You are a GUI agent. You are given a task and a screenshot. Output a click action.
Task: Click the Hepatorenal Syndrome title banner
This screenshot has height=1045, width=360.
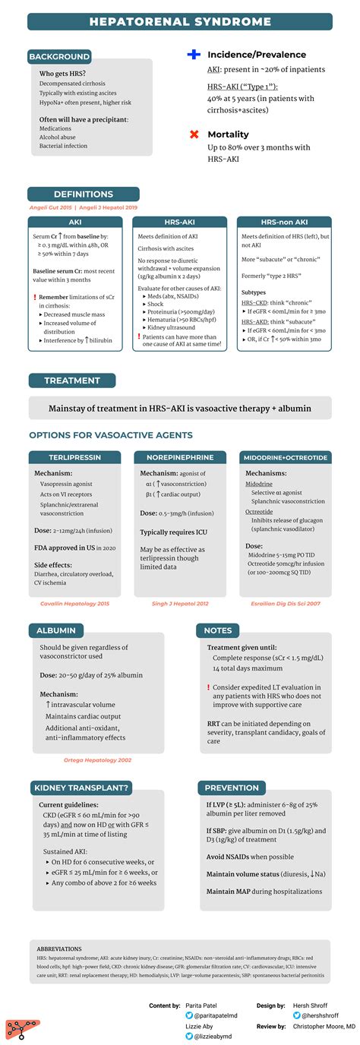click(x=180, y=21)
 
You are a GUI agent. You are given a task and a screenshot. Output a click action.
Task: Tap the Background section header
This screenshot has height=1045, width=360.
click(x=59, y=56)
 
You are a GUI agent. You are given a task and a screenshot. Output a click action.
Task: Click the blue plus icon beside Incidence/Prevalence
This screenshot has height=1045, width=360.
click(x=194, y=55)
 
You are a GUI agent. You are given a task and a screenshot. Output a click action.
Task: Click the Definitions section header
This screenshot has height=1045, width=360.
click(x=84, y=194)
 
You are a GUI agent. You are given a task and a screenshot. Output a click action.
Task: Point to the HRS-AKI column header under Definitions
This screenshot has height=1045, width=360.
click(x=179, y=221)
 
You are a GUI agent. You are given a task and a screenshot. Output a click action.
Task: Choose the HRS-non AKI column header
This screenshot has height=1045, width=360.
click(x=284, y=221)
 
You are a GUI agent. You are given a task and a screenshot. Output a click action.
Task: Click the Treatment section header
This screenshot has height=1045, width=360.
click(x=72, y=380)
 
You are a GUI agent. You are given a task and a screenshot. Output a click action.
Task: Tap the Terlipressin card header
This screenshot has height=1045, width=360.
click(x=74, y=457)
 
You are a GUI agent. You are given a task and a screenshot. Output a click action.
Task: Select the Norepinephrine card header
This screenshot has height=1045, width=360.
click(x=179, y=457)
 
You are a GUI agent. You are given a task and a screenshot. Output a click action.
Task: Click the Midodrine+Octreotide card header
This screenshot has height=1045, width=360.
click(x=284, y=457)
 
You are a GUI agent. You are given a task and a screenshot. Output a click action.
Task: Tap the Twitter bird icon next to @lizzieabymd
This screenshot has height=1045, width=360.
click(x=188, y=1036)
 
